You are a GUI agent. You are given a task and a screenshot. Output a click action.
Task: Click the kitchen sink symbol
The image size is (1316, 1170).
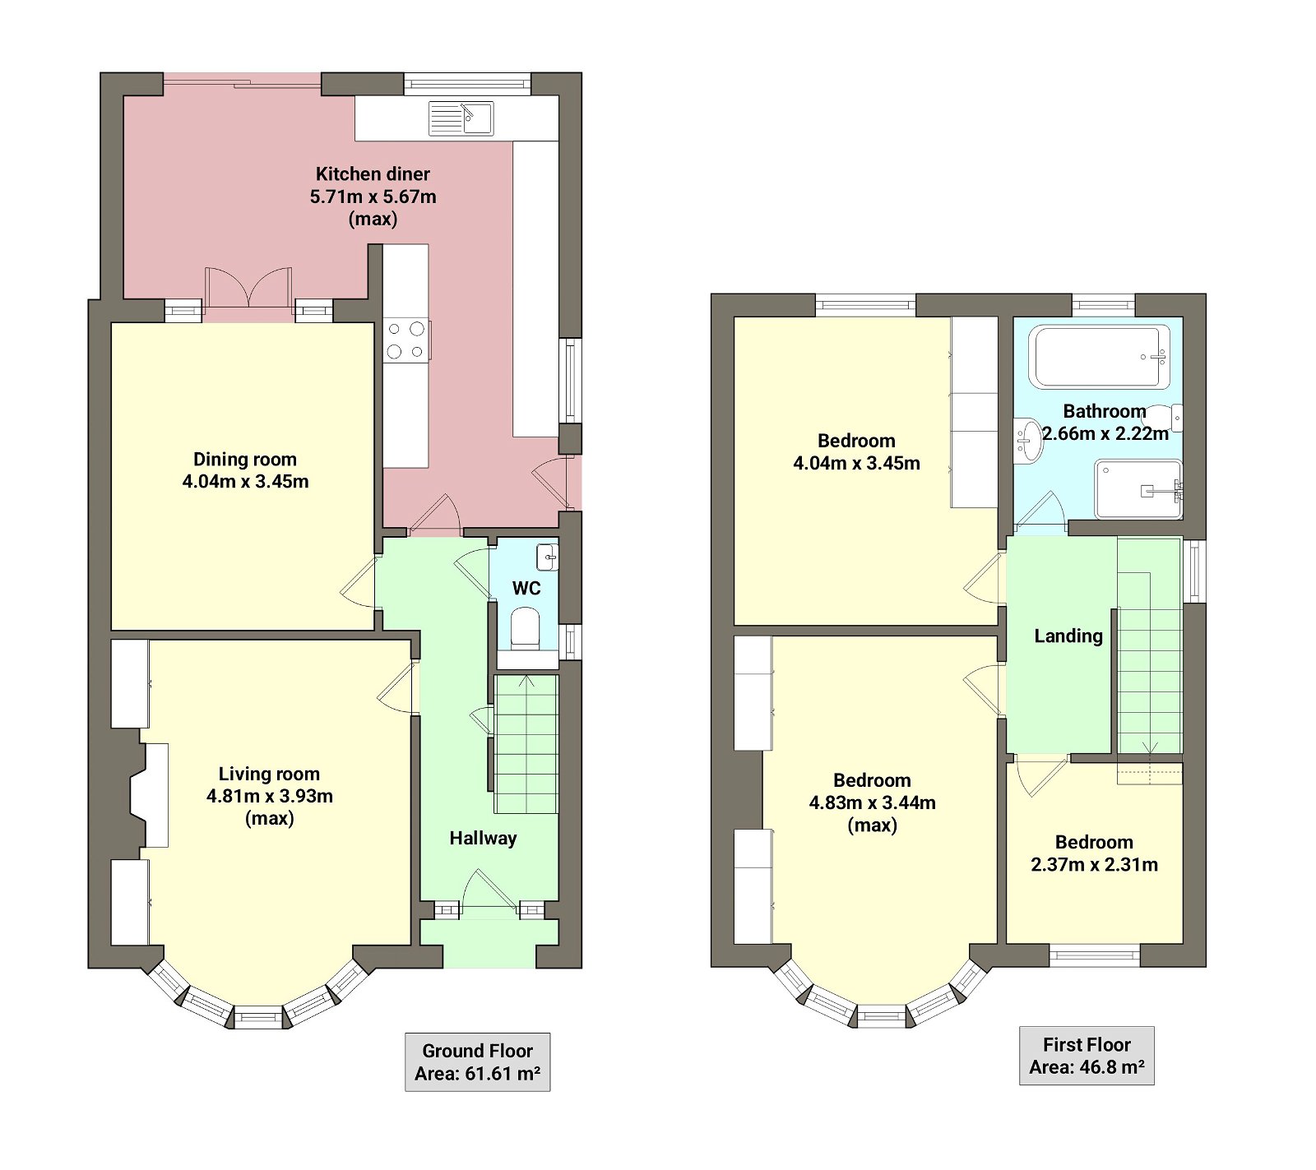coord(461,118)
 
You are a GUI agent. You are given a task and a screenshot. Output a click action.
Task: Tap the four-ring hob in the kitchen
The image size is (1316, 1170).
coord(405,340)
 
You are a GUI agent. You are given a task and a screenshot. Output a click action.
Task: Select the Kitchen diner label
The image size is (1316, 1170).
coord(373,174)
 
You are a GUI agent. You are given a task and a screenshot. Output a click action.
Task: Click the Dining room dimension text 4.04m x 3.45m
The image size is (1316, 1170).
coord(245,482)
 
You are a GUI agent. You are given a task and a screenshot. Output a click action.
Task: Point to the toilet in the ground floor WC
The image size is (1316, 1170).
coord(525,628)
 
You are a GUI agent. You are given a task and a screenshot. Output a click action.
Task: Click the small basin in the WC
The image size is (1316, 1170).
coord(547,557)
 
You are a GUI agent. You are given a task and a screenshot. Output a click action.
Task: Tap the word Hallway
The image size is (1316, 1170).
coord(483,839)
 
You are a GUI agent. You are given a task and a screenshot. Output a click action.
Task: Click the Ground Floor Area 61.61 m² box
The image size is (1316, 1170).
coord(477,1062)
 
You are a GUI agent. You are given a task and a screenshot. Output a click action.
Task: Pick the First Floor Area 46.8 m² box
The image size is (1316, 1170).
coord(1087,1056)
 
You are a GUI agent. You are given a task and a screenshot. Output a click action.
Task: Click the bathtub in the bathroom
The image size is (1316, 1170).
coord(1099,356)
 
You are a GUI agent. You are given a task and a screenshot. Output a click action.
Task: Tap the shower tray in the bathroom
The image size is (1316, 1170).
coord(1138,489)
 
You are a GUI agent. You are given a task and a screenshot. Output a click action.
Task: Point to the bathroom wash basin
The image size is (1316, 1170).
coord(1028,441)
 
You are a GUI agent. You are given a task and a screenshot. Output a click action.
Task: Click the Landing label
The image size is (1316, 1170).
coord(1068,636)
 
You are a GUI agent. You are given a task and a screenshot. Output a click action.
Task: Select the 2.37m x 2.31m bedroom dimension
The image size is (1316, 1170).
coord(1094,865)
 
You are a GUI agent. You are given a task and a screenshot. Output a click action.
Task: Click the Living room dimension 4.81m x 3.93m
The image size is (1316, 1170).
coord(269,796)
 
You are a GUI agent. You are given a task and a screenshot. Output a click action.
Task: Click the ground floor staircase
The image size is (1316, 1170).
coord(526,744)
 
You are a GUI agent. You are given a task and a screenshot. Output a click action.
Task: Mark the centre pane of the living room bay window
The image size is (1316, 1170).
coord(258,1017)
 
